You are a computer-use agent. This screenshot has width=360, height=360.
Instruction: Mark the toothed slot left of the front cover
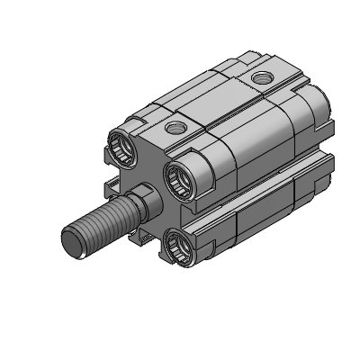tap(112, 187)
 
